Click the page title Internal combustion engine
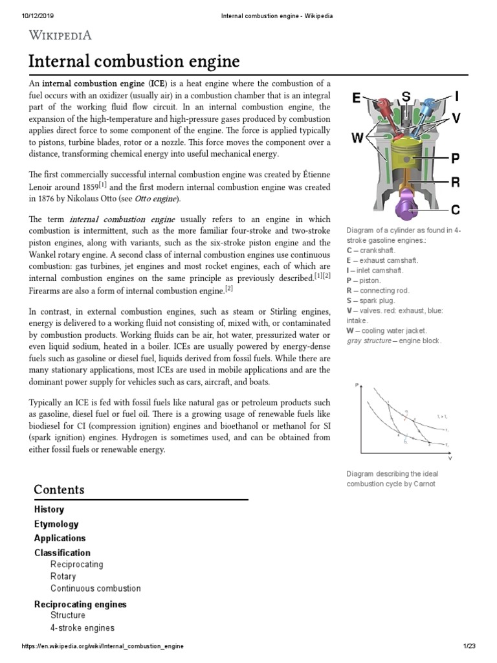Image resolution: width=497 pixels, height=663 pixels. coord(134,62)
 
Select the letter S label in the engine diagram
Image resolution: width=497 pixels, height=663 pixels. coord(406,97)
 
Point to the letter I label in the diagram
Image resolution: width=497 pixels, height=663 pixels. coord(457,97)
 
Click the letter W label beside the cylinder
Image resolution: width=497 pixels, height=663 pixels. coord(357,137)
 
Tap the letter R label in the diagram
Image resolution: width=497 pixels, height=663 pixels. coord(456,182)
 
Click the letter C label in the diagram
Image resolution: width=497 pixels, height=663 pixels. coord(456,209)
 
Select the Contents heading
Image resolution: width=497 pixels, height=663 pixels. coord(59,489)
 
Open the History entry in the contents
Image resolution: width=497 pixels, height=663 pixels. coord(49,510)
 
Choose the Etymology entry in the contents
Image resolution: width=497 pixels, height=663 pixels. coord(56,524)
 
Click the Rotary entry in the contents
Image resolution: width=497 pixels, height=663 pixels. coord(63,576)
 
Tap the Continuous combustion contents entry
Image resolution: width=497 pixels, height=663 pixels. coord(95,589)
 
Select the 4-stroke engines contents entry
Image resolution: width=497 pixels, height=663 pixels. coord(82,627)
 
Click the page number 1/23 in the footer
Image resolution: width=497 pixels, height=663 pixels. coord(469,646)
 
